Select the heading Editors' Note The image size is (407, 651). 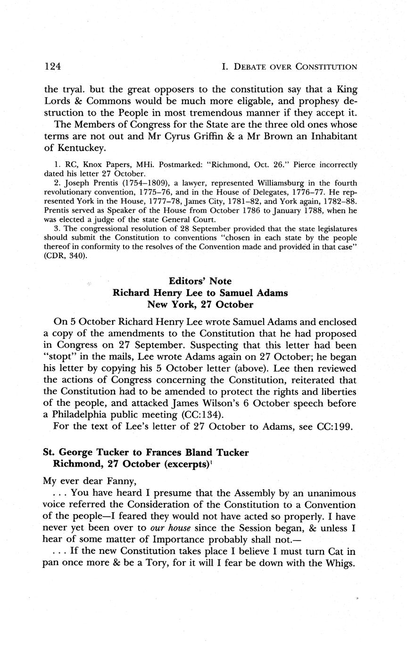click(x=200, y=281)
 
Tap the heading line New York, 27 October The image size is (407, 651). click(x=200, y=304)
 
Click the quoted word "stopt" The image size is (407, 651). click(x=58, y=357)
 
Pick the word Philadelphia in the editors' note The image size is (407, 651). click(x=87, y=415)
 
